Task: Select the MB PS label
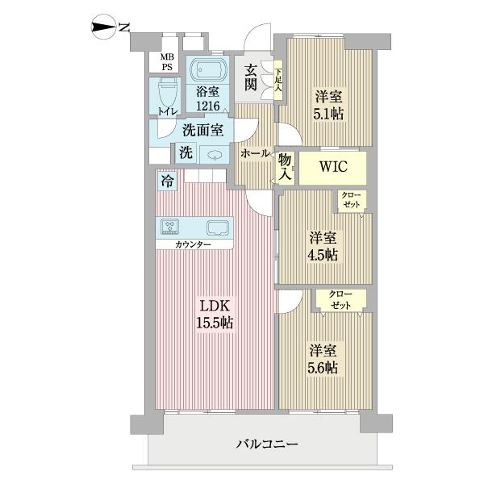[165, 62]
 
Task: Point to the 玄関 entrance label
[252, 77]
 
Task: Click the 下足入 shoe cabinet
[277, 80]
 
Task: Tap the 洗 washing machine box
[186, 152]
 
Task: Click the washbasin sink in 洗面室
[214, 156]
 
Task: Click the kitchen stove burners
[170, 227]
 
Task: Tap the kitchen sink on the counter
[218, 227]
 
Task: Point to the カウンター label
[194, 244]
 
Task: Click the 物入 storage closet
[286, 168]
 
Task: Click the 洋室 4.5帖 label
[323, 247]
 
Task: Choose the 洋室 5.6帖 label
[323, 360]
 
